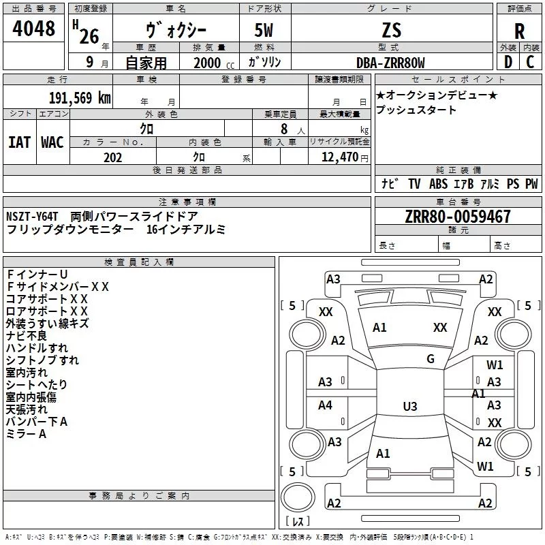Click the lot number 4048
click(x=34, y=29)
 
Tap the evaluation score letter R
click(x=519, y=31)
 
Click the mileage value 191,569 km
click(x=80, y=97)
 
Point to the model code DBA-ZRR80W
click(x=390, y=63)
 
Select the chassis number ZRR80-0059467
click(x=457, y=217)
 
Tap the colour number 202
click(x=112, y=157)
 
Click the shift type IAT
click(x=20, y=142)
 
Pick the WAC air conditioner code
click(x=52, y=142)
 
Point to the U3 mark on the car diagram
click(x=409, y=407)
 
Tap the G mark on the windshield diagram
click(x=431, y=359)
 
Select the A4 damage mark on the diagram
click(x=325, y=405)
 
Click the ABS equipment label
click(x=438, y=183)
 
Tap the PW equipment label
click(x=531, y=183)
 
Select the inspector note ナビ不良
click(x=26, y=336)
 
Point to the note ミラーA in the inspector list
click(x=26, y=434)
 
